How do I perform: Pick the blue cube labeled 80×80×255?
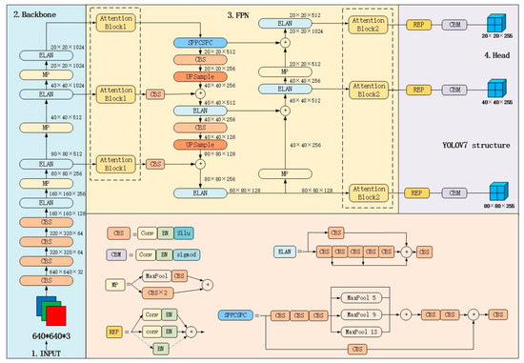tap(493, 187)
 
